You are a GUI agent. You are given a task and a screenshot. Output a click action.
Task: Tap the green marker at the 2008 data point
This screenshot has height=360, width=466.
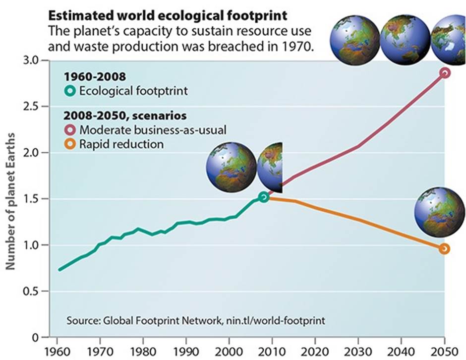coord(264,197)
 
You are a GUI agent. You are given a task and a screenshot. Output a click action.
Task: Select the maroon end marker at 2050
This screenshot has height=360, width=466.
coord(445,73)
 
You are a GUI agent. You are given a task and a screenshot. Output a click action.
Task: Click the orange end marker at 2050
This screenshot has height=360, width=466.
coord(445,248)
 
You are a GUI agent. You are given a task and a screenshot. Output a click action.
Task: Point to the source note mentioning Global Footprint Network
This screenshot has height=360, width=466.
coord(196,320)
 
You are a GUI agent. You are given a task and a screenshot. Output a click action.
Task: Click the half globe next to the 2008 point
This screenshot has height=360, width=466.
coord(270,165)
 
